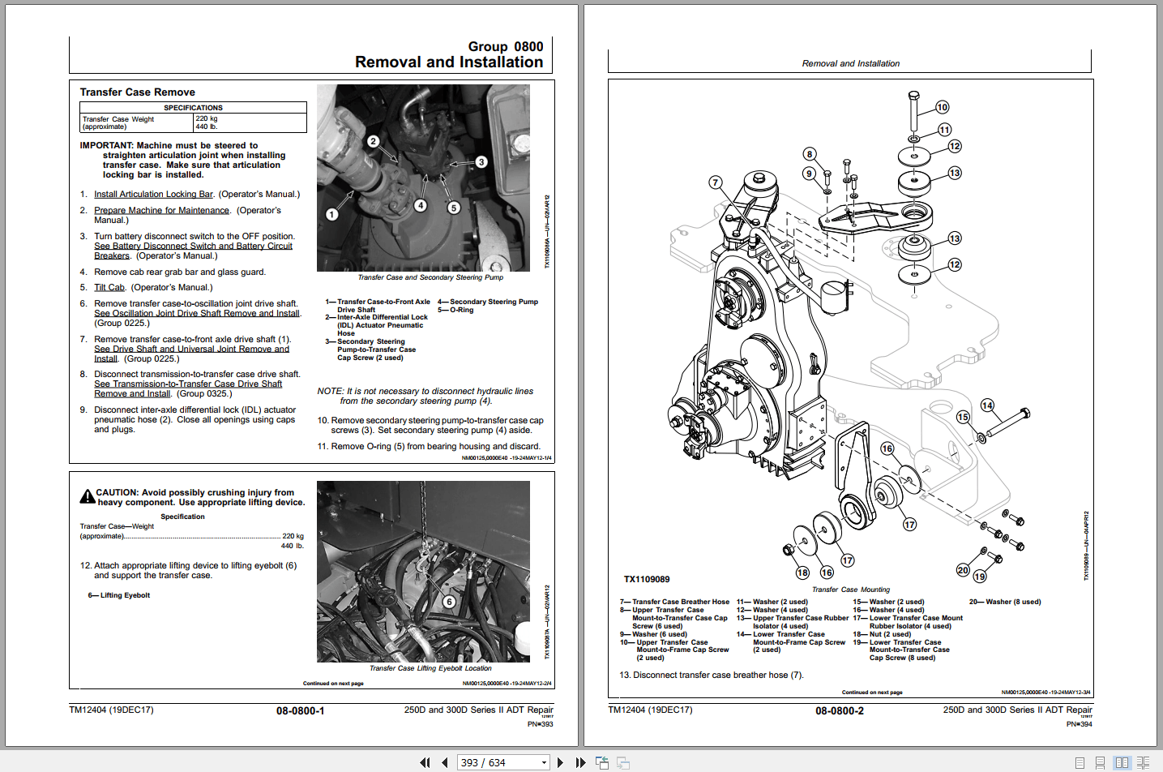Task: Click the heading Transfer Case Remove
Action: [137, 92]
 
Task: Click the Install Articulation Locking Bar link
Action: [153, 195]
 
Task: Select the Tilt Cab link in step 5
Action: [109, 288]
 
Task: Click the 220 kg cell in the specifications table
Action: [207, 118]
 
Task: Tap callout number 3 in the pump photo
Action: [481, 162]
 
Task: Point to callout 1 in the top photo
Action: [331, 214]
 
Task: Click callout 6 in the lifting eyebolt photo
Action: [448, 602]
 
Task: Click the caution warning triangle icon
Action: [87, 496]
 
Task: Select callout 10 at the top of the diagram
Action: [942, 107]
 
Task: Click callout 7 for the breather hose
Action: [715, 182]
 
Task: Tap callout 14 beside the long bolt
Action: [986, 405]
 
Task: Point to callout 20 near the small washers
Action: [962, 570]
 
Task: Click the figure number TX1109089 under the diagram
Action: [646, 579]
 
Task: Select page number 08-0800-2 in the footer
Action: [839, 711]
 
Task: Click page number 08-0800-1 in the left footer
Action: [300, 711]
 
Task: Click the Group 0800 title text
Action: [505, 47]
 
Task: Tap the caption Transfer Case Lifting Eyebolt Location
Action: [430, 669]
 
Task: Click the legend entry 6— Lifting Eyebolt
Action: [119, 595]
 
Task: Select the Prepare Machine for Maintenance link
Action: [161, 211]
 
